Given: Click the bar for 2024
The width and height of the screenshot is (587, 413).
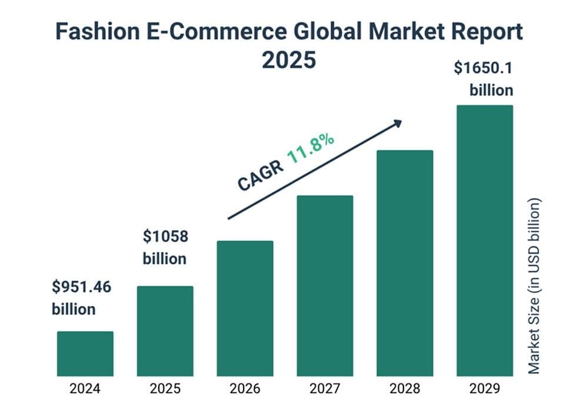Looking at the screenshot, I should (85, 354).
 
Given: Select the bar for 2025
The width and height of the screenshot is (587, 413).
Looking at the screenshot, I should (165, 331).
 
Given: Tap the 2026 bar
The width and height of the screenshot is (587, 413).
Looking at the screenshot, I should (245, 308).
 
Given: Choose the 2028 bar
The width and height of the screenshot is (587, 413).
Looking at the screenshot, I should (405, 263).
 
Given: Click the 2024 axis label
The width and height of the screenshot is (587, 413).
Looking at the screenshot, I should (85, 389).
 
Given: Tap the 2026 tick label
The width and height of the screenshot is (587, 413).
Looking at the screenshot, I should (245, 389).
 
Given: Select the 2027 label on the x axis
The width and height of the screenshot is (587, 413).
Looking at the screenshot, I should (325, 389).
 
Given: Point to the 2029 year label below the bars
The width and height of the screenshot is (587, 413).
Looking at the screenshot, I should (485, 389).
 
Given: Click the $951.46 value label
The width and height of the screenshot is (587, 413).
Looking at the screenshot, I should (81, 288).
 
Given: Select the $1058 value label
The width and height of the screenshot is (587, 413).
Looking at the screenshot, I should (165, 237).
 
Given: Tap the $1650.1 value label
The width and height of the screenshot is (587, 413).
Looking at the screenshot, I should (483, 68).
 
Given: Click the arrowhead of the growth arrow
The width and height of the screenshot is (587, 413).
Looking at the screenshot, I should (398, 122).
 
